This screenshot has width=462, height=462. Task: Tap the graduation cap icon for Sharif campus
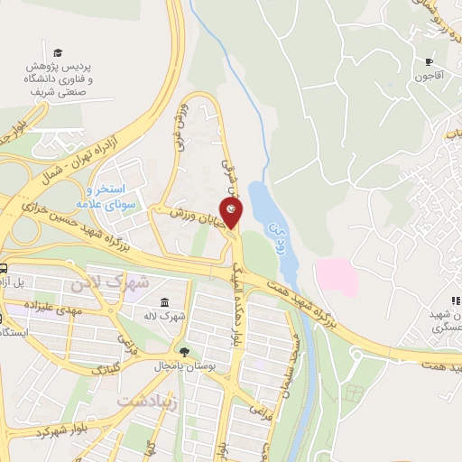tap(59, 52)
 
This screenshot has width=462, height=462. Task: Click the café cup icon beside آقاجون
tap(430, 62)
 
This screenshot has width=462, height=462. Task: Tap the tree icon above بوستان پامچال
tap(184, 351)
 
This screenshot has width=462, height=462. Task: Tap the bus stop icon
tap(4, 268)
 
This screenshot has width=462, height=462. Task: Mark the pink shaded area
tap(335, 276)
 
